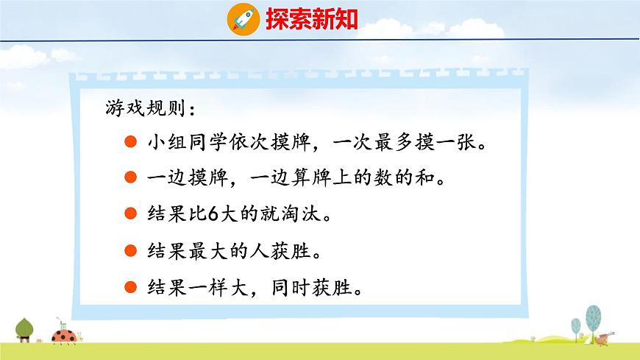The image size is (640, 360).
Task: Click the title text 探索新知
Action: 311,18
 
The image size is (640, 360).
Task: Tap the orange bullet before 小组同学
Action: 130,143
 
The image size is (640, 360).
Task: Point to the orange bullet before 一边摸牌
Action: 130,179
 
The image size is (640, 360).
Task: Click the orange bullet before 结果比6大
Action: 130,215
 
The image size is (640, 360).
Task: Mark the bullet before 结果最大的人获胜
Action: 130,250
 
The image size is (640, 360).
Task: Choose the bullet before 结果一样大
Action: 130,286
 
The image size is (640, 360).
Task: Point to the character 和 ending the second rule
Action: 427,179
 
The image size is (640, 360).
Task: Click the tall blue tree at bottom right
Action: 591,317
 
